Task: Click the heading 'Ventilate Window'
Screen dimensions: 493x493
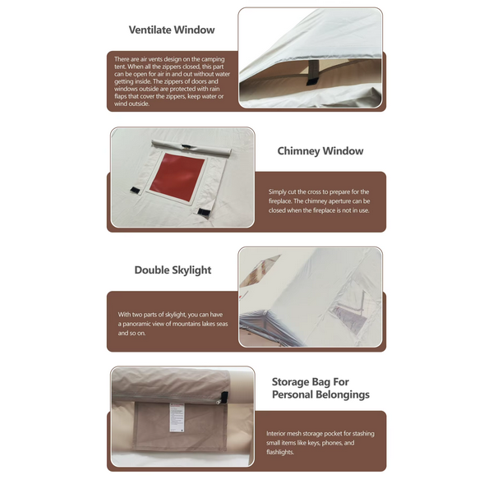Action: pyautogui.click(x=172, y=30)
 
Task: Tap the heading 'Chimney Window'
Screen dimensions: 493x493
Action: pyautogui.click(x=320, y=151)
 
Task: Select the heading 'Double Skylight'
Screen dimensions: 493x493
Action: pyautogui.click(x=173, y=270)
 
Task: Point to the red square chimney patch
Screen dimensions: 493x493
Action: pyautogui.click(x=177, y=177)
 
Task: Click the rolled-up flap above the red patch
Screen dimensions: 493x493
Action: pyautogui.click(x=191, y=149)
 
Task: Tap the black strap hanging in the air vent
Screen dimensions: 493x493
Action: pyautogui.click(x=313, y=72)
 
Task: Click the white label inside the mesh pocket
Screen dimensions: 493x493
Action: pyautogui.click(x=177, y=417)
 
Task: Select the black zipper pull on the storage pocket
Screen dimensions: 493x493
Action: pyautogui.click(x=223, y=397)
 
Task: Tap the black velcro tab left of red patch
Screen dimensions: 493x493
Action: pyautogui.click(x=135, y=190)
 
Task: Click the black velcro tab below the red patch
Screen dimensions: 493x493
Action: pyautogui.click(x=203, y=211)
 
